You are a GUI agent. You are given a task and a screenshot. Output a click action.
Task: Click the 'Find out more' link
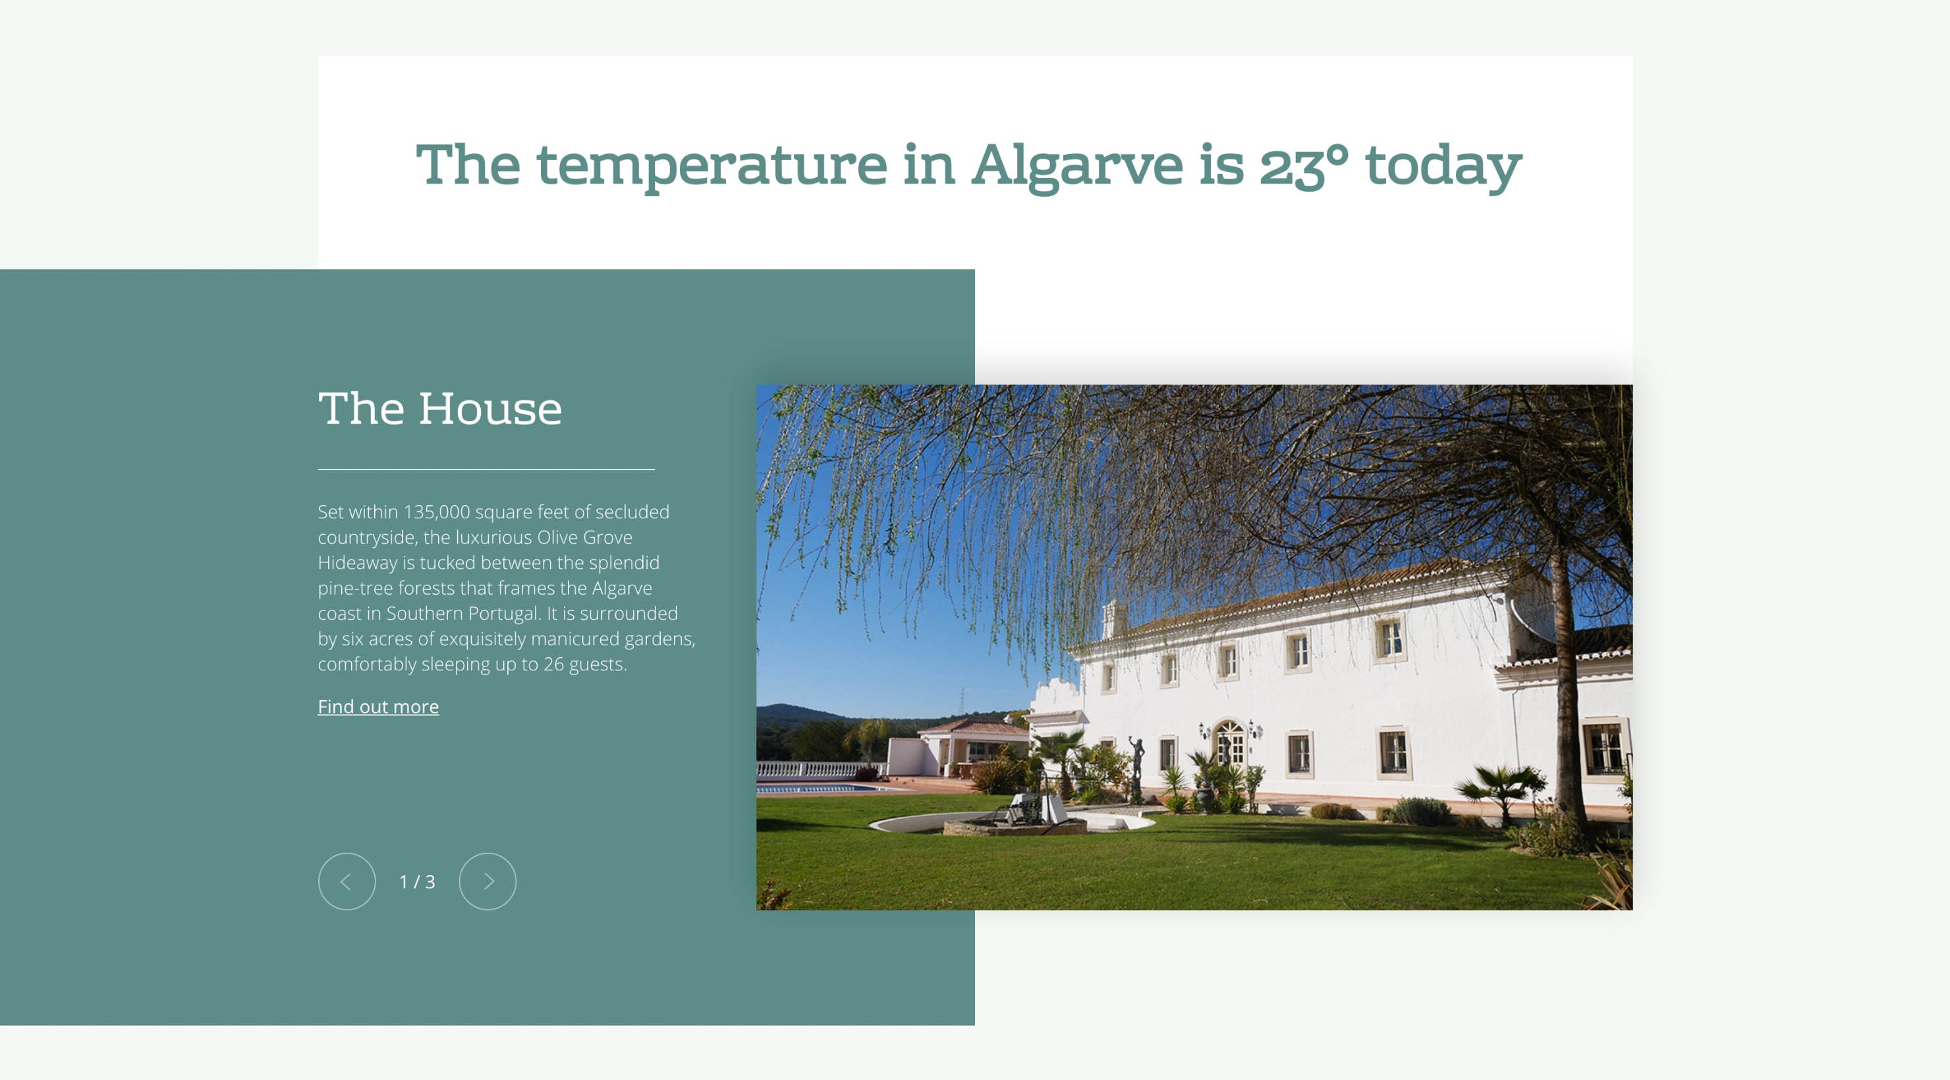377,706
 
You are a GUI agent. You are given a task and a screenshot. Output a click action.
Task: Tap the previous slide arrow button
347,881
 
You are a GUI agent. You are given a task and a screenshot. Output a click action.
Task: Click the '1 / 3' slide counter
417,882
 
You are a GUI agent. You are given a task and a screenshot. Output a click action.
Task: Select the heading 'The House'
440,409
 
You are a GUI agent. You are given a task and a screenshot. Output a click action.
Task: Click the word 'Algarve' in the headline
1076,167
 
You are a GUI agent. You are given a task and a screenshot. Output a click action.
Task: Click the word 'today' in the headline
1443,167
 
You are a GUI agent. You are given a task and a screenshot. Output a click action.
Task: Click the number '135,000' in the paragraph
437,512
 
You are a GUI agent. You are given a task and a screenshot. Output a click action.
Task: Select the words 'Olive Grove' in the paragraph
584,537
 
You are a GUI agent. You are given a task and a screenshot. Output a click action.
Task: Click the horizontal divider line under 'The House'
486,470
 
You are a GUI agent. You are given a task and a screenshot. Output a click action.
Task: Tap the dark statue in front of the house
1136,765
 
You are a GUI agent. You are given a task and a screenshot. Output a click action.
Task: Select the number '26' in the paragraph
553,664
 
